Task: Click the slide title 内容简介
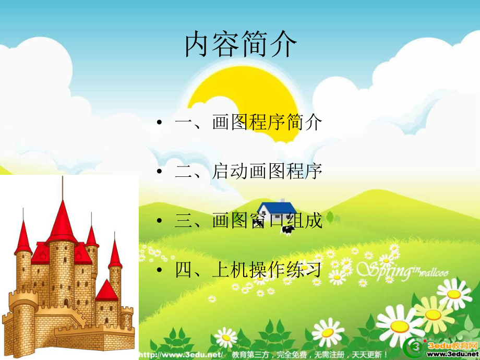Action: pyautogui.click(x=241, y=45)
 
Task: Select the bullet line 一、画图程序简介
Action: pyautogui.click(x=248, y=123)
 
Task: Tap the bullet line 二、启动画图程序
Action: pyautogui.click(x=248, y=171)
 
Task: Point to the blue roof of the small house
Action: pyautogui.click(x=277, y=208)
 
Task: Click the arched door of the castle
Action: pyautogui.click(x=66, y=302)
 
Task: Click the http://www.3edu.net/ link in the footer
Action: pyautogui.click(x=182, y=355)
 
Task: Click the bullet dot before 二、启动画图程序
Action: pyautogui.click(x=160, y=172)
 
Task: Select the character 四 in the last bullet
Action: pyautogui.click(x=184, y=270)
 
